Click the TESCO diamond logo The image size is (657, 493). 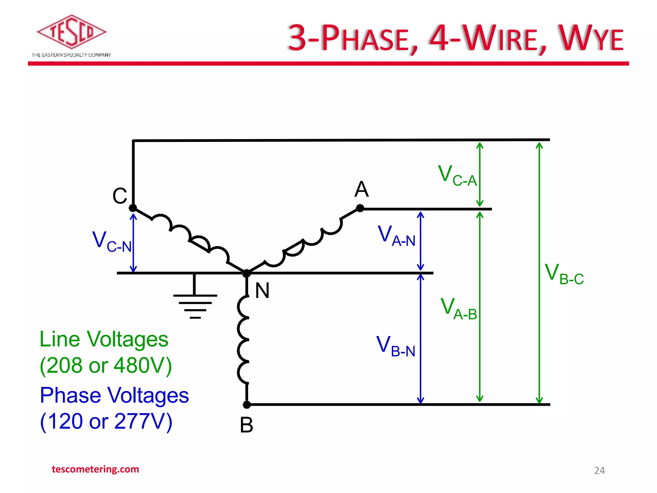[x=71, y=31]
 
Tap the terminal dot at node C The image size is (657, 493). [x=133, y=208]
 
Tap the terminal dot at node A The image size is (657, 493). [x=360, y=208]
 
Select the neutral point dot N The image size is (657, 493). [x=246, y=273]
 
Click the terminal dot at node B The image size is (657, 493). [x=247, y=405]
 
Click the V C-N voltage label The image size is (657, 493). [x=112, y=241]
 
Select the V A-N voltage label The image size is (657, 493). [x=397, y=236]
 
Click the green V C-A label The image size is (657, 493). [x=457, y=175]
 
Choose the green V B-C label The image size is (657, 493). [x=564, y=274]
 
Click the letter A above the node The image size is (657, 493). [x=362, y=189]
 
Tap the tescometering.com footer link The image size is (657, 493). [x=95, y=469]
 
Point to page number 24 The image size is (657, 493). [x=599, y=471]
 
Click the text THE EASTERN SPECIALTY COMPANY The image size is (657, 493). [x=71, y=55]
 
